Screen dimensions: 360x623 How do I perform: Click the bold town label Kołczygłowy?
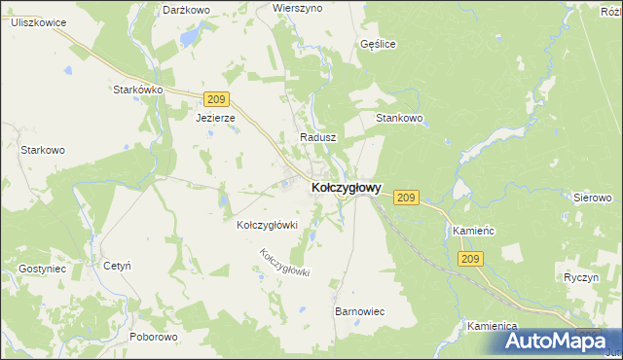click(346, 187)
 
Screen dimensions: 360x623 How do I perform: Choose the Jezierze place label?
click(215, 118)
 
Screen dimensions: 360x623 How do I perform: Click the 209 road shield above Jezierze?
click(217, 98)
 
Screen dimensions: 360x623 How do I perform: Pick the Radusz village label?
click(318, 138)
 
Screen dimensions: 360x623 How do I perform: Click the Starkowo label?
click(43, 150)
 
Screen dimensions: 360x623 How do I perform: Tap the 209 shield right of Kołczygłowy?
click(407, 198)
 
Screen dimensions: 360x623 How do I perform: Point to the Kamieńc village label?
click(475, 231)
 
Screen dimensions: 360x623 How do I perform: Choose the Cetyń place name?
click(117, 265)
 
